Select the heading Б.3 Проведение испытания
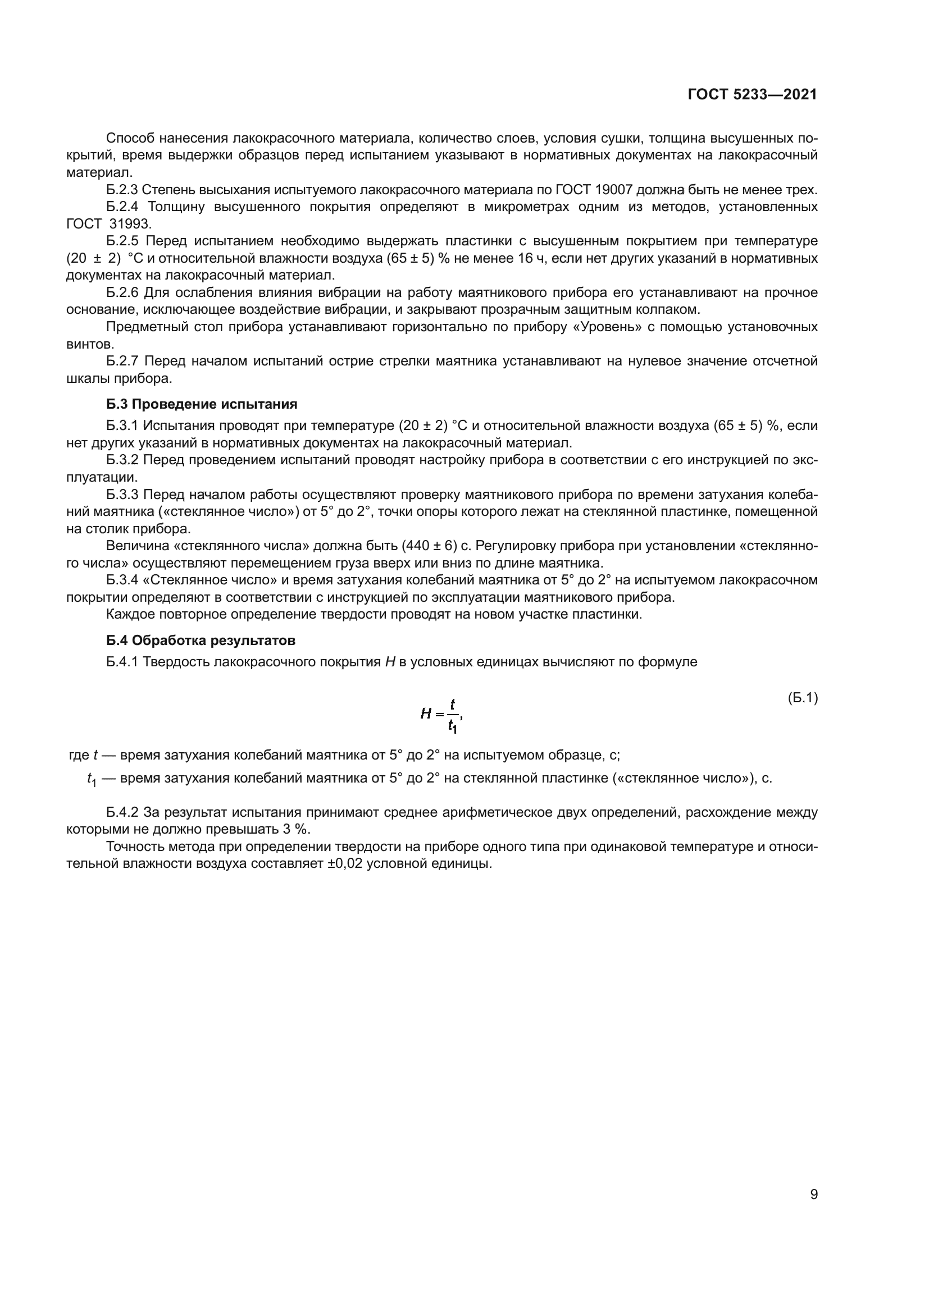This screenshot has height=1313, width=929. (x=202, y=404)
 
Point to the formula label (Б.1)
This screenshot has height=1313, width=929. (x=802, y=698)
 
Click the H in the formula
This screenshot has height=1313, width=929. (x=426, y=713)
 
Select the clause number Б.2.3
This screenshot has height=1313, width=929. (x=122, y=190)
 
